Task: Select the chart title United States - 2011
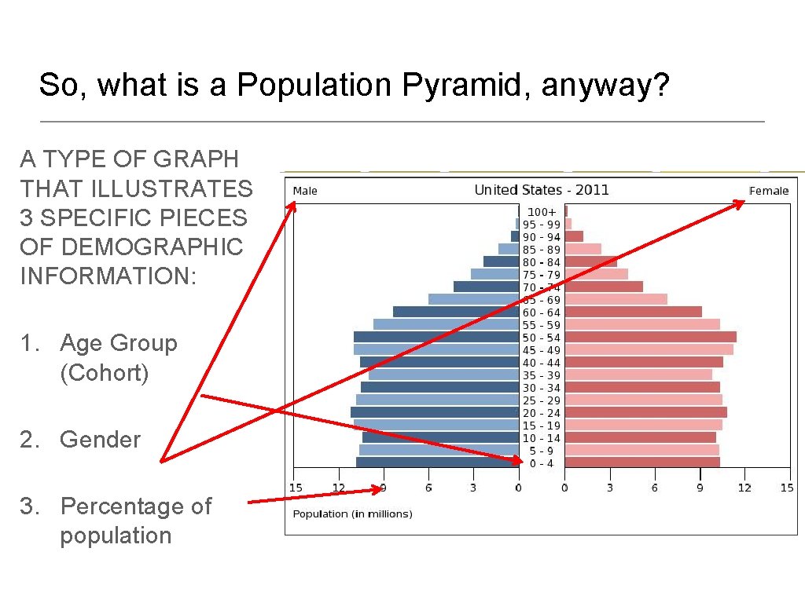[x=541, y=190]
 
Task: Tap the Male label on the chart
[x=305, y=191]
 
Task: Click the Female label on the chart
[x=768, y=191]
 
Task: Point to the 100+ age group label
[x=542, y=212]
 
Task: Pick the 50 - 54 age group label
[x=542, y=338]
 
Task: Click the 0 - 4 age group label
[x=542, y=463]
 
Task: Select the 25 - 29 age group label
[x=542, y=400]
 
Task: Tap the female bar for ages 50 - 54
[x=650, y=337]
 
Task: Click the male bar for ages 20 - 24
[x=435, y=412]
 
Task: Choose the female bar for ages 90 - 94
[x=574, y=236]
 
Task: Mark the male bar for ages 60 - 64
[x=456, y=312]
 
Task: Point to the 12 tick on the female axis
[x=744, y=488]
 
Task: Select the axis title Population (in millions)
[x=352, y=514]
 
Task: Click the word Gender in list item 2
[x=100, y=440]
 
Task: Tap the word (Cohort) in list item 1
[x=104, y=373]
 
